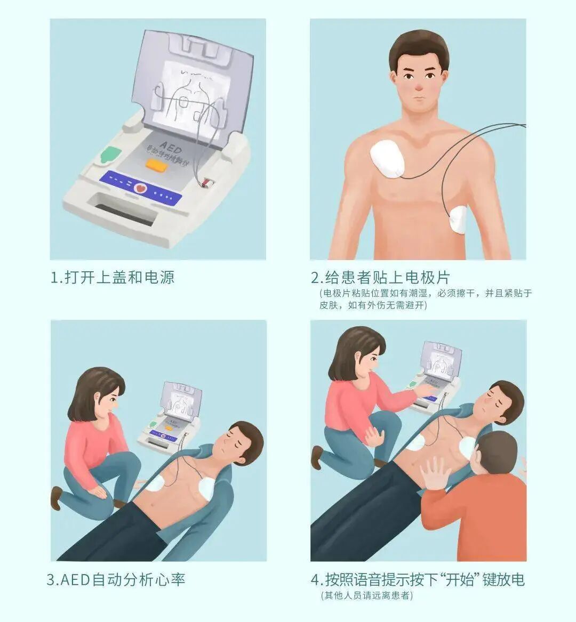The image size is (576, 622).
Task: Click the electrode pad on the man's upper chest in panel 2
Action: [388, 159]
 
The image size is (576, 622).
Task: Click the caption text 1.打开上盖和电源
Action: [112, 277]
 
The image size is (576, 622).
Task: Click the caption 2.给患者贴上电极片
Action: [380, 277]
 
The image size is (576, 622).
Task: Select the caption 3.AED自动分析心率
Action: [116, 579]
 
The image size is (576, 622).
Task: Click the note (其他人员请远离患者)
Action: [366, 595]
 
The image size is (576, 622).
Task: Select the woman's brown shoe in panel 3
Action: [55, 497]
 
